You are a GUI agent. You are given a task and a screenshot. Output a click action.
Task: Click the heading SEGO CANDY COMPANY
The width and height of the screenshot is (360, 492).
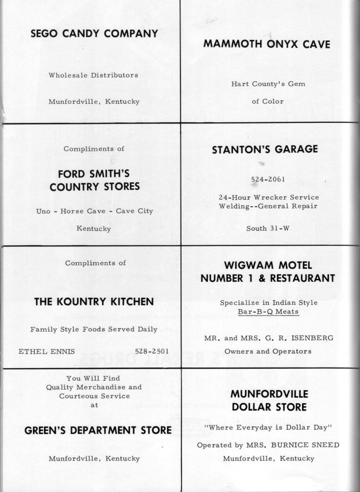click(x=94, y=34)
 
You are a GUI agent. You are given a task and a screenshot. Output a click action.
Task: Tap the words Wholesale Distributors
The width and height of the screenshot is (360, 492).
click(x=93, y=75)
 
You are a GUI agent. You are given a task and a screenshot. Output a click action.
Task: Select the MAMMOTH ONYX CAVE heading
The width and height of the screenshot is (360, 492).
click(x=267, y=44)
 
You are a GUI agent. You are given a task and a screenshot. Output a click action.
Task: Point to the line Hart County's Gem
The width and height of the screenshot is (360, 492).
click(x=268, y=84)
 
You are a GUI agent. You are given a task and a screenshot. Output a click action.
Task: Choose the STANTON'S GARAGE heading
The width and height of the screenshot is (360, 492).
click(x=264, y=149)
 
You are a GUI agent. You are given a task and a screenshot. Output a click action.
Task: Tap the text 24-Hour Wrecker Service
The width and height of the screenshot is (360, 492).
click(x=268, y=197)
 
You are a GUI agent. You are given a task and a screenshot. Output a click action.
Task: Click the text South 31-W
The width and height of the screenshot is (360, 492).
click(x=268, y=228)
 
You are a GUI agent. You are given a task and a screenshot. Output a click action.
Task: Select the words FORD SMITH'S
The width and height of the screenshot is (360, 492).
click(x=94, y=174)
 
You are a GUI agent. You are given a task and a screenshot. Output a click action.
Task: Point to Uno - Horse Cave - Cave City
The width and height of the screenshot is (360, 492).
click(x=94, y=211)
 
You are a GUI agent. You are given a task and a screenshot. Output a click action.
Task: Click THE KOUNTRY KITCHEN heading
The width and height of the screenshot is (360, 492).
click(x=93, y=302)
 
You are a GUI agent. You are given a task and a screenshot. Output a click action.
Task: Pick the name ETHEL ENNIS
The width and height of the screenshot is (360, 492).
click(x=46, y=351)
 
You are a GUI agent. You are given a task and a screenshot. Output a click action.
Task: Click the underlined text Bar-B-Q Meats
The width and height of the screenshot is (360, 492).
click(x=268, y=312)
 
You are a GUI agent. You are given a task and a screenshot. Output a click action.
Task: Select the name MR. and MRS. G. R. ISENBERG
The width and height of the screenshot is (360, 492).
click(x=268, y=338)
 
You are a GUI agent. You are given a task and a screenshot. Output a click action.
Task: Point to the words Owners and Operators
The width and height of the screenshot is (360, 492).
click(x=268, y=351)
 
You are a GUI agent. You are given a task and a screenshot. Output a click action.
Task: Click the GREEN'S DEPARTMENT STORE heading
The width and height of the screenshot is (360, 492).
click(x=97, y=430)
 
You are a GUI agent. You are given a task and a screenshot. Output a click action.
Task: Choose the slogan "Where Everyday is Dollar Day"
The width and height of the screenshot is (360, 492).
click(x=268, y=427)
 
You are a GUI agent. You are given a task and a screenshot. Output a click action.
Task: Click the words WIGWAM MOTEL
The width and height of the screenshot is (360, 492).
click(x=268, y=265)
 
